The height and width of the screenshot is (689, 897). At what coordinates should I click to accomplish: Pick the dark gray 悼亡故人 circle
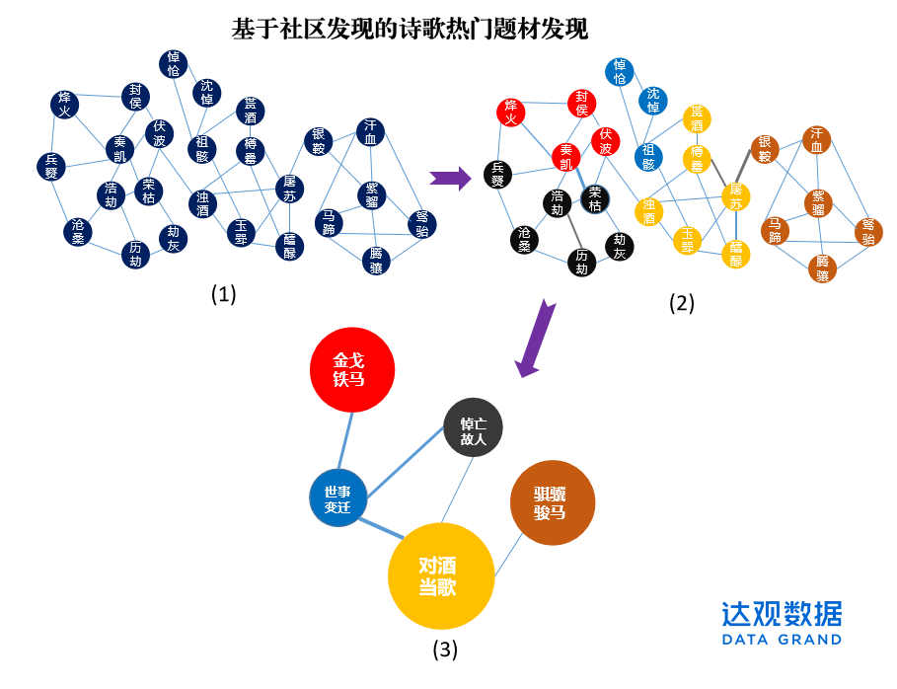(x=474, y=430)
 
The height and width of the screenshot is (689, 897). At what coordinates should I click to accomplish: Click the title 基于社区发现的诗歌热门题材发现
(x=410, y=29)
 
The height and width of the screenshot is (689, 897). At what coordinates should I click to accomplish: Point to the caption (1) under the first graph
(x=224, y=293)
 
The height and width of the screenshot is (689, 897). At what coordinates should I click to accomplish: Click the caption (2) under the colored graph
(x=682, y=303)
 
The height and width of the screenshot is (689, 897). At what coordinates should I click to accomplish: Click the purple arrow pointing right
(x=450, y=178)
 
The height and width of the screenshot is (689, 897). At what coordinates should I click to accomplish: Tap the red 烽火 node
(x=511, y=113)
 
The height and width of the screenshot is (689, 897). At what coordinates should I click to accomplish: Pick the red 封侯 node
(x=582, y=104)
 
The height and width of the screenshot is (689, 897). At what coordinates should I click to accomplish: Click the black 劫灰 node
(x=620, y=246)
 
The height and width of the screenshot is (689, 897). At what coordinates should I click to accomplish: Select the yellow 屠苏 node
(x=734, y=195)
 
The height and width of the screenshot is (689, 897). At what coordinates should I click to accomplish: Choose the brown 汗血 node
(x=816, y=140)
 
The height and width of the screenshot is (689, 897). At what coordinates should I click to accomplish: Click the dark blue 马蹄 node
(x=330, y=222)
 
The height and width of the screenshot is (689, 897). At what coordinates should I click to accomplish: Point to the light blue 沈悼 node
(x=652, y=101)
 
